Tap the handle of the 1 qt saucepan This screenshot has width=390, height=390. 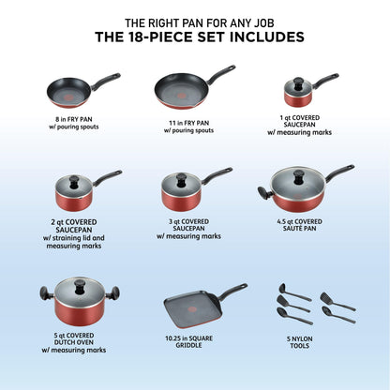point(324,80)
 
